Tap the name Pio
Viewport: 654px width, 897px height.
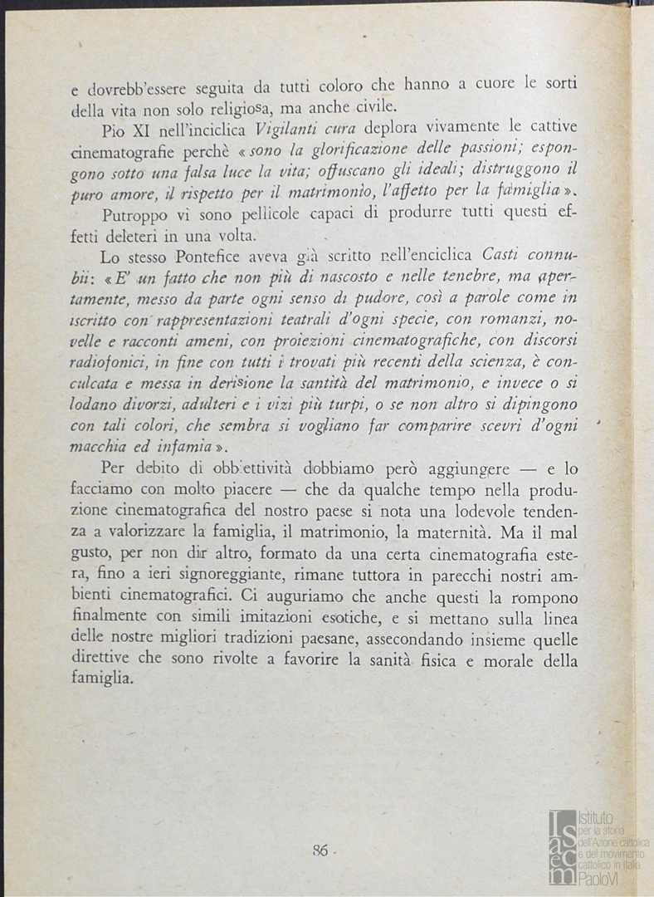click(115, 130)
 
